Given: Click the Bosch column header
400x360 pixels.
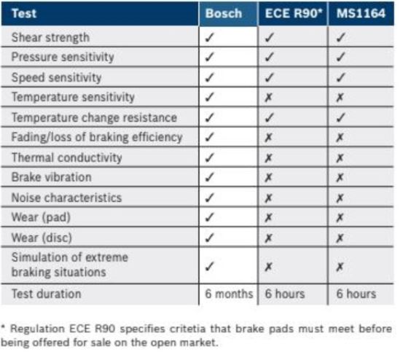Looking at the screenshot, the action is click(x=224, y=13).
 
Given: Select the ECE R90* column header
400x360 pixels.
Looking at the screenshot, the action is click(x=294, y=13).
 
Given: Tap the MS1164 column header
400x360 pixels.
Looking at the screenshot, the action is click(x=361, y=13).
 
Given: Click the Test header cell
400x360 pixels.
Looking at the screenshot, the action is click(x=24, y=13).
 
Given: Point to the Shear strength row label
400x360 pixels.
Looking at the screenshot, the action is click(x=50, y=37).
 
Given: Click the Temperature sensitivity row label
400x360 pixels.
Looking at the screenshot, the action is click(x=73, y=97).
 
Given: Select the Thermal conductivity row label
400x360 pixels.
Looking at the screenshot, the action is click(x=67, y=157).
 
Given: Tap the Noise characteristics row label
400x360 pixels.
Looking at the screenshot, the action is click(x=66, y=197).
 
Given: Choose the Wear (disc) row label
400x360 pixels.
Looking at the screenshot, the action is click(x=42, y=238).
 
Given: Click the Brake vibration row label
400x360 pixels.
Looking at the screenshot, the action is click(x=52, y=177).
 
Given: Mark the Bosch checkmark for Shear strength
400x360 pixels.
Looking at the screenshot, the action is click(x=209, y=37).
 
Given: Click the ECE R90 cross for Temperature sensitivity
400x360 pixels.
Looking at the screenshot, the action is click(x=268, y=97).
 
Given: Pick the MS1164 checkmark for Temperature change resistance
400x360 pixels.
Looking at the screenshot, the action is click(x=340, y=117).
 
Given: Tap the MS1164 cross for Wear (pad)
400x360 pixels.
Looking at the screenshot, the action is click(x=340, y=218).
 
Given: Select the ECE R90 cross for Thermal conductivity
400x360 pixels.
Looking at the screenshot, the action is click(x=268, y=158).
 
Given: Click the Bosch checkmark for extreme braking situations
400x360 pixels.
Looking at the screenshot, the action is click(x=209, y=267).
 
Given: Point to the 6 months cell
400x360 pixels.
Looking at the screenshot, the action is click(x=229, y=294).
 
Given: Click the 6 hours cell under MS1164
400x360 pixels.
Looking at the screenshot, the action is click(x=356, y=294).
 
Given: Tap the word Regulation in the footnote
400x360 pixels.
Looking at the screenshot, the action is click(x=37, y=329).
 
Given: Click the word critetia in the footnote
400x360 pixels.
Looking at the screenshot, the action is click(x=187, y=329).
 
